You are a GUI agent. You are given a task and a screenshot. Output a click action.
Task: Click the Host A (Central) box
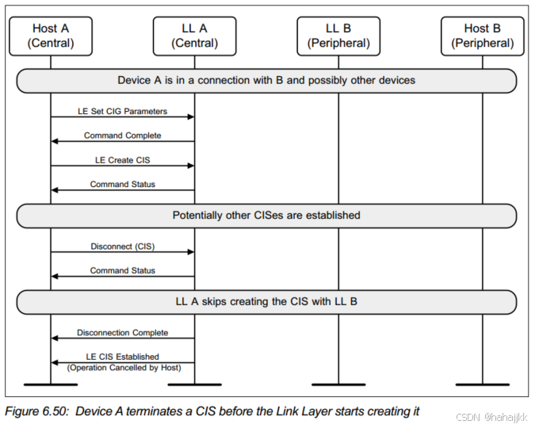point(51,36)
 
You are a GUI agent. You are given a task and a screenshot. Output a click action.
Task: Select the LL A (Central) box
point(195,36)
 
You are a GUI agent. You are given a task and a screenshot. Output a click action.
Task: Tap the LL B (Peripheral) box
point(338,36)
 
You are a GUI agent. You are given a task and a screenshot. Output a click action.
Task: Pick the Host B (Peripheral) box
point(483,36)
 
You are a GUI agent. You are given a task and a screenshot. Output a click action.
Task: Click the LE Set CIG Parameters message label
point(122,112)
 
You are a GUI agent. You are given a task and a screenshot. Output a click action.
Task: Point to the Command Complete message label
point(122,136)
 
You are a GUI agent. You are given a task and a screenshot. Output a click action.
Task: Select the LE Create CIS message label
point(122,159)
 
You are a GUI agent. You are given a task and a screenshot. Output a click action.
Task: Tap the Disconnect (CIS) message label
point(122,246)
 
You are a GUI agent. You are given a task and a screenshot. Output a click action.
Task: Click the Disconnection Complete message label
point(122,333)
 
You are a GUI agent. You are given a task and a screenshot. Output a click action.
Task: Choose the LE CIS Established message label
point(122,357)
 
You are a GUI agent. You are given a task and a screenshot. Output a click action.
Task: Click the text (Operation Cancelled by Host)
point(124,368)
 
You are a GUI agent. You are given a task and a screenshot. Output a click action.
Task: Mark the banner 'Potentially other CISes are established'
point(266,216)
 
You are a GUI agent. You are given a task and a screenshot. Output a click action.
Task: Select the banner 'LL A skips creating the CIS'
point(266,302)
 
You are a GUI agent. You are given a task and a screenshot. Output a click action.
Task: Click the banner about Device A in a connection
point(266,80)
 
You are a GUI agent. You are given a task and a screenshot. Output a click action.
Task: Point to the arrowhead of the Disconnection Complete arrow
point(55,338)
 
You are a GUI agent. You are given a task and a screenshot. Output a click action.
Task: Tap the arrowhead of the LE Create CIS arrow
point(191,166)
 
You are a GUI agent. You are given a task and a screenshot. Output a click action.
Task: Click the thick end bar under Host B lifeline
point(483,384)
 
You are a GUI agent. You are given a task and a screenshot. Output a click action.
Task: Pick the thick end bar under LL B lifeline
point(338,384)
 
